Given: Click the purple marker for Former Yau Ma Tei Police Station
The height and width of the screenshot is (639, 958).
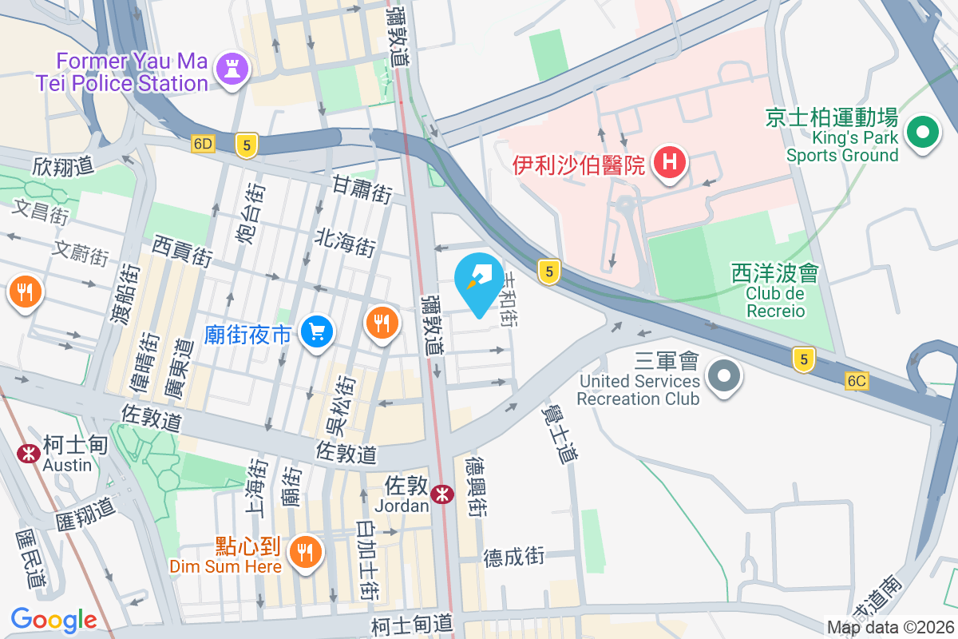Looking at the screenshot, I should pos(232,70).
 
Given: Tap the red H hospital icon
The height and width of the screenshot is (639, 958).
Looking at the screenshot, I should pos(670,163).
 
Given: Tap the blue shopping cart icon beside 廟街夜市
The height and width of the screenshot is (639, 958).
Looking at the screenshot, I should pos(317,331).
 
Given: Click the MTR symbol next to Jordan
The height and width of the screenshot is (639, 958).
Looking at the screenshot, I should pos(441,496).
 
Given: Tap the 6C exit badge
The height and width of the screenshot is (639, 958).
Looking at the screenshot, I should pos(857,382).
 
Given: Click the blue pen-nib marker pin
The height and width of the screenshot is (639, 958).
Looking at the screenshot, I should pos(479,283).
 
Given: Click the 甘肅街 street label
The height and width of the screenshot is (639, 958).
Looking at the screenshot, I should pos(362,190).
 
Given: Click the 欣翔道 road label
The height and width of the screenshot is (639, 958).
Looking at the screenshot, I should pos(64,166).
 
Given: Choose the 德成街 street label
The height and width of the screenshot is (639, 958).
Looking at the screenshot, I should pos(514,556).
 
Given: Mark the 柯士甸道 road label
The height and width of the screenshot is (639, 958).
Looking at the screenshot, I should pos(412,622).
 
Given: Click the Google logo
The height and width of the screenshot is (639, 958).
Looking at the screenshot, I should pos(53,620).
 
